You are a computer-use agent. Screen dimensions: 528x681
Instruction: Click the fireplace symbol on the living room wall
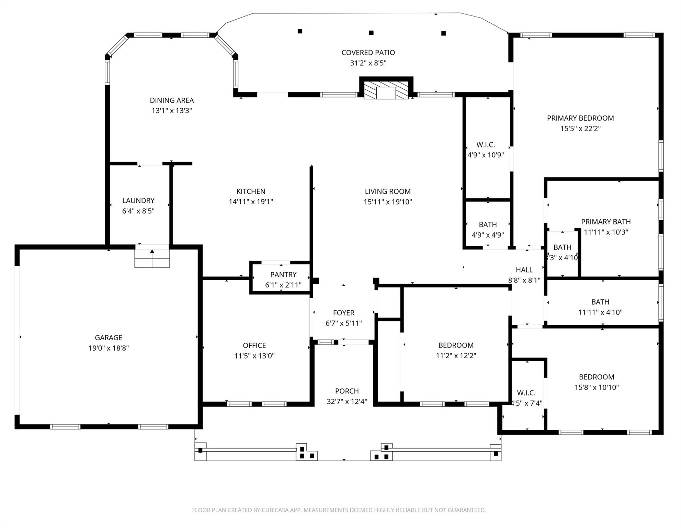coord(386,91)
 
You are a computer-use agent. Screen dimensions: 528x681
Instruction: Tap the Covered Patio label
coord(368,53)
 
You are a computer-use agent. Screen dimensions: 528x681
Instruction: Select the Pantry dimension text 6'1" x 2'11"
coord(283,285)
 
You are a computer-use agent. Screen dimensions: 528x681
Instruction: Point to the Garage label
coord(109,338)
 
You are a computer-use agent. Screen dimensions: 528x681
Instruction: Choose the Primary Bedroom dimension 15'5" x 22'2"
coord(580,129)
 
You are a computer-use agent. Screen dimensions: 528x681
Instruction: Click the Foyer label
coord(343,313)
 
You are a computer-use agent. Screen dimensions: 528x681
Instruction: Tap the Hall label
coord(524,270)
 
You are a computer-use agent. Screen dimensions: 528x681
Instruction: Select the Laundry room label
coord(138,200)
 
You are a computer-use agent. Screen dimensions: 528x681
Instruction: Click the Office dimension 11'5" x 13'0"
coord(254,356)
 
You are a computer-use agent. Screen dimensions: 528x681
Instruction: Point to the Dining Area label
coord(172,100)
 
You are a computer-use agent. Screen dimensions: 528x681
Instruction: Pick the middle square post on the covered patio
coord(371,33)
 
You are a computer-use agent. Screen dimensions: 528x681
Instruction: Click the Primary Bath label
coord(605,222)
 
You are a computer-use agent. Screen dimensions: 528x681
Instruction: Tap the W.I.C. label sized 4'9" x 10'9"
coord(485,145)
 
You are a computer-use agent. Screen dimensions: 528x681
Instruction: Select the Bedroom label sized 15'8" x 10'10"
coord(596,377)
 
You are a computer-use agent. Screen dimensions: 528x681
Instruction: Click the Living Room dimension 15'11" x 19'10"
coord(387,202)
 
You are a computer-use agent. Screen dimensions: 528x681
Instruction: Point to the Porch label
coord(347,391)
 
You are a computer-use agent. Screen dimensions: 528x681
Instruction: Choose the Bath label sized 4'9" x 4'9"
coord(487,224)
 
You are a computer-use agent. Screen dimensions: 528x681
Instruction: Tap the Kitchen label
coord(251,191)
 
